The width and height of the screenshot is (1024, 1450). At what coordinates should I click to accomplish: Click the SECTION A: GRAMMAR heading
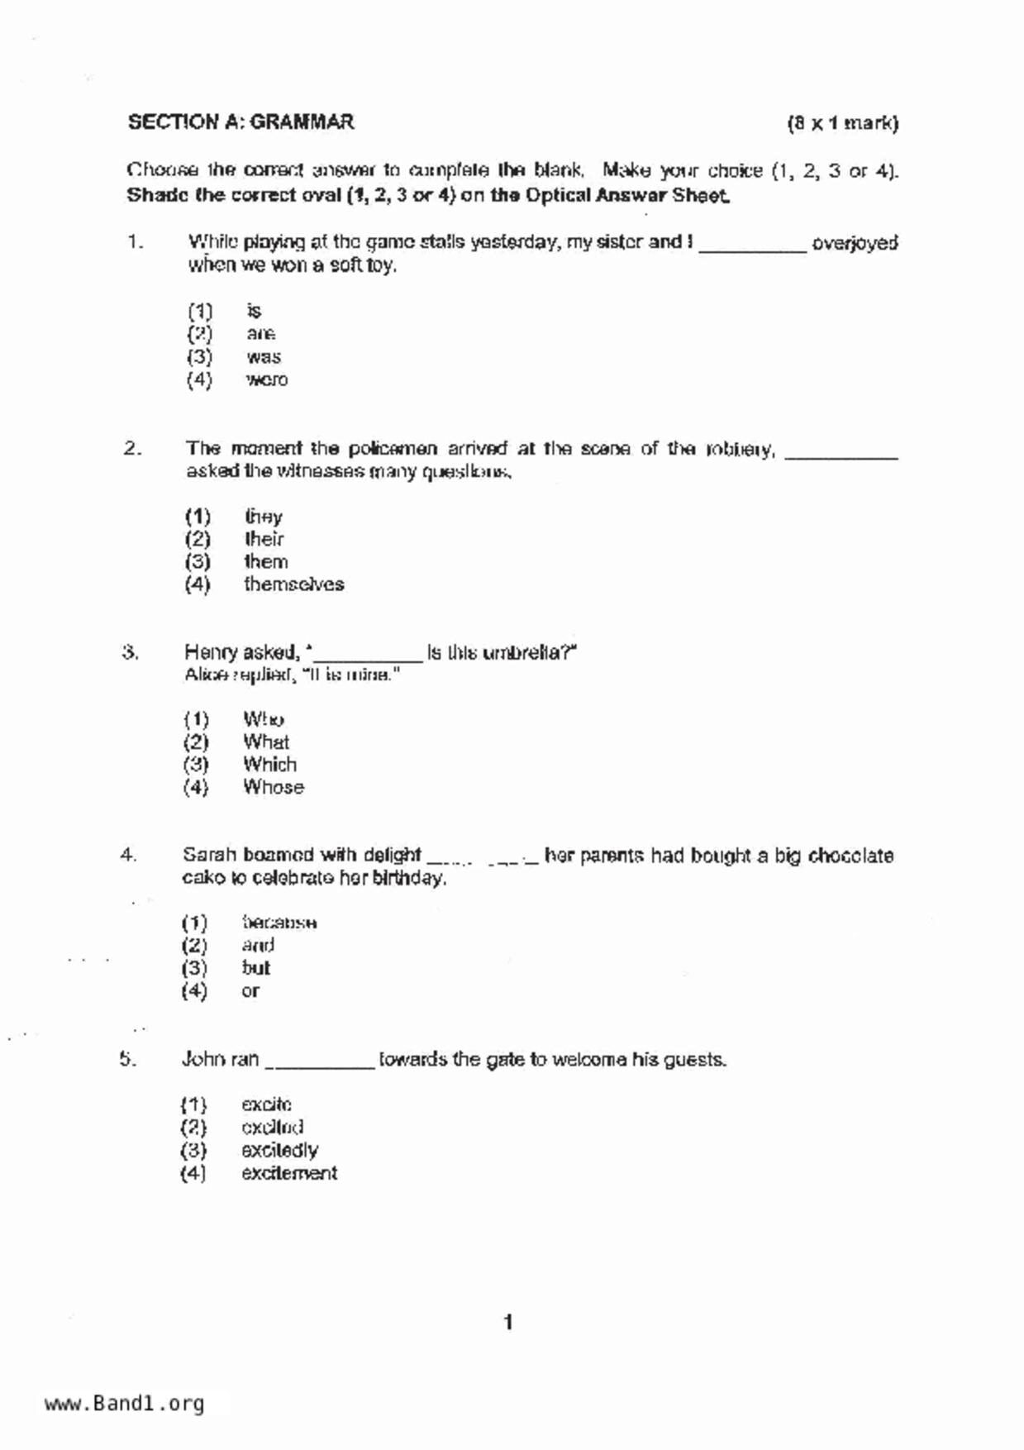point(241,122)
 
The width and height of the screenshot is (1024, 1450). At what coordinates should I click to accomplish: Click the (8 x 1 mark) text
point(842,124)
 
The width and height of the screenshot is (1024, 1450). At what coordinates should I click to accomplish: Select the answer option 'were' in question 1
point(266,380)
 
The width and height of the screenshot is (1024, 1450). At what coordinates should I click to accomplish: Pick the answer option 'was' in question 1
point(264,357)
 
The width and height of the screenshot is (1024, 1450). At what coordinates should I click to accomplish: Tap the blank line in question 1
point(752,246)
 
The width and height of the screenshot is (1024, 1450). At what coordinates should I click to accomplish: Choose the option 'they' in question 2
point(264,517)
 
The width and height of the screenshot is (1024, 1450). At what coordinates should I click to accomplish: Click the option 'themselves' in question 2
point(293,584)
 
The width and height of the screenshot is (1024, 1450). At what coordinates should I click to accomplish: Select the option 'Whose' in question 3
point(274,787)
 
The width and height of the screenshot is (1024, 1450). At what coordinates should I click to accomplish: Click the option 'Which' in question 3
point(269,765)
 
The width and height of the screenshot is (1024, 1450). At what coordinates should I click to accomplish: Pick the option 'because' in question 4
point(279,923)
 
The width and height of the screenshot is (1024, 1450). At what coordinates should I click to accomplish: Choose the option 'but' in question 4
point(256,968)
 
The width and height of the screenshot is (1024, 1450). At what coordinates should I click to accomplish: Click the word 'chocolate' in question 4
point(850,856)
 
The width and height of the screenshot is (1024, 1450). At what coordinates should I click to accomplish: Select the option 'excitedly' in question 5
point(279,1150)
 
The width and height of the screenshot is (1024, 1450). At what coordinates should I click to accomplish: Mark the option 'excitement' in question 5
point(289,1173)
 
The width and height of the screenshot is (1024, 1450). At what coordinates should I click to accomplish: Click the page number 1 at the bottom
point(508,1323)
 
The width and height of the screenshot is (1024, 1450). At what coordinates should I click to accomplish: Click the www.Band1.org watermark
point(124,1404)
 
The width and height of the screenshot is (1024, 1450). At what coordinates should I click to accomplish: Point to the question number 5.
point(127,1059)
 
